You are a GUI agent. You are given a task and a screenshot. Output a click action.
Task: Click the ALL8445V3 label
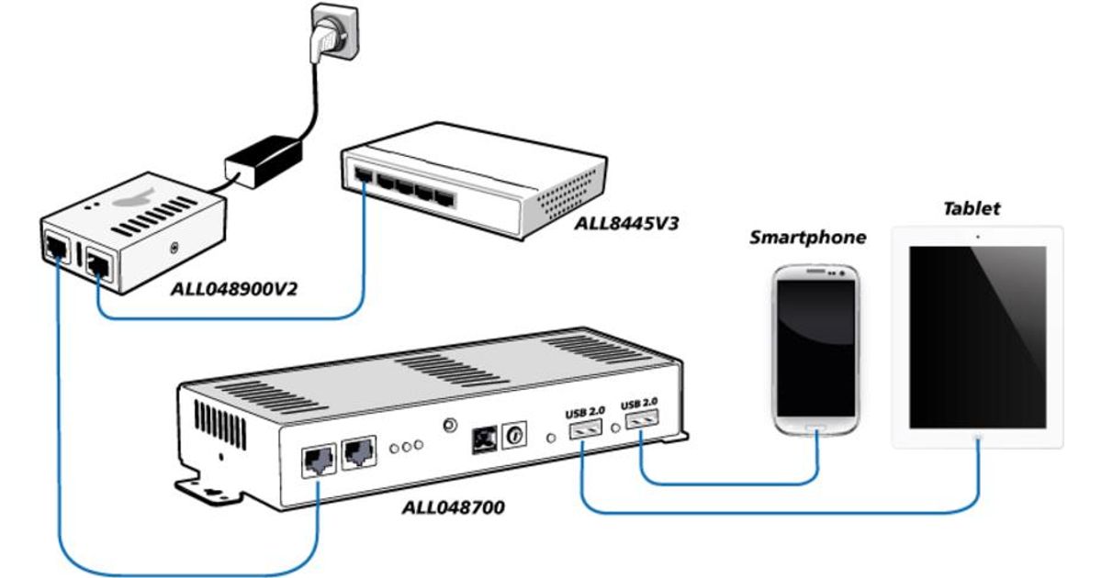click(x=625, y=223)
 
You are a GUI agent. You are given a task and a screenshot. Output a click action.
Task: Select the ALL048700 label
click(x=453, y=506)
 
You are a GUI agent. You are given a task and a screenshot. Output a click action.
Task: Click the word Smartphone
click(x=807, y=239)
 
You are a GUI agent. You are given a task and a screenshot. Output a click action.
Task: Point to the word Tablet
click(x=972, y=209)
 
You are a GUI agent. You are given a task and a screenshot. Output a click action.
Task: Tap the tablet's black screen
click(x=977, y=336)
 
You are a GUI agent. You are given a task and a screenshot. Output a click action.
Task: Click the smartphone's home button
click(x=816, y=428)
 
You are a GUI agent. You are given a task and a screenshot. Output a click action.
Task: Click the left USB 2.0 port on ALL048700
click(x=584, y=428)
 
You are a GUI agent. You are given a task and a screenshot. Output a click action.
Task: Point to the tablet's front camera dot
click(x=977, y=236)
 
